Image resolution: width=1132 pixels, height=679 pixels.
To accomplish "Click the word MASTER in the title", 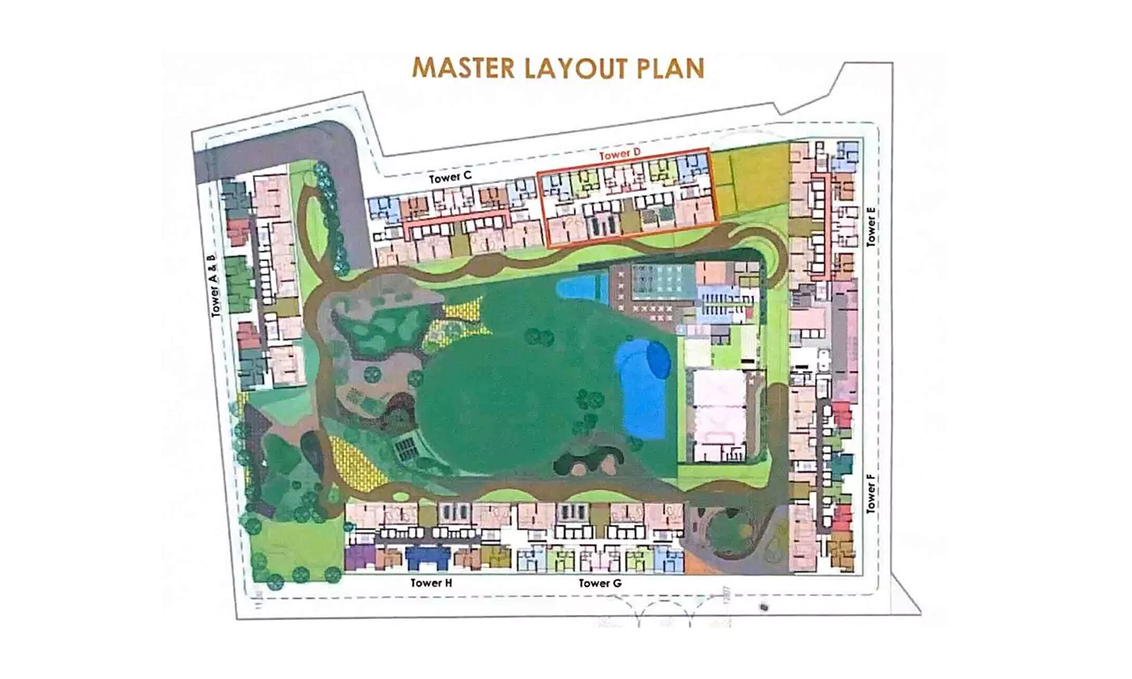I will pos(457,68).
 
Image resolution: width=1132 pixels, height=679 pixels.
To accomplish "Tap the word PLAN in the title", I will pos(671,68).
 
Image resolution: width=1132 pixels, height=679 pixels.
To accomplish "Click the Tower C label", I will pos(450,177).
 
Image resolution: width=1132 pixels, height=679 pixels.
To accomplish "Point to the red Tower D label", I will pos(620,154).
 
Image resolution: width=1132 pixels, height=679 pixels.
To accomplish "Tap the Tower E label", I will pos(872,231).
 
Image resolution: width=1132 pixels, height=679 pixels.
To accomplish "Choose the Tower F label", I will pos(872,493).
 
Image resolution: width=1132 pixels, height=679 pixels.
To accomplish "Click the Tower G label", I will pos(600,582).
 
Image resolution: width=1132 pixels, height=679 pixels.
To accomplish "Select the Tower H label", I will pos(431,582).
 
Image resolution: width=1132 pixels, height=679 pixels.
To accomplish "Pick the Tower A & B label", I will pos(214,285).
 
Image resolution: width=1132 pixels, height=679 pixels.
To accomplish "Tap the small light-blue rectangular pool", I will pos(582,287).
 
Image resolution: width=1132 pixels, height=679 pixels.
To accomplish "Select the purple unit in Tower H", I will pos(360,558).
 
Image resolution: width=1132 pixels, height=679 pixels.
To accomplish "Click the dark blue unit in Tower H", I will pos(428,558).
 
